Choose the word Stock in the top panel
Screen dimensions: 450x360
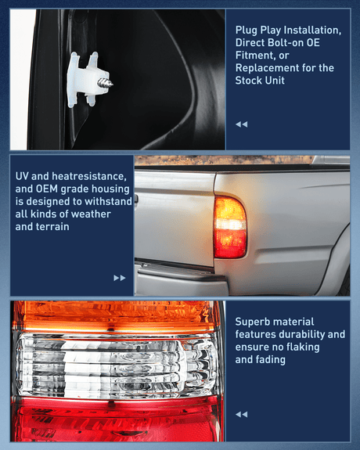(250, 81)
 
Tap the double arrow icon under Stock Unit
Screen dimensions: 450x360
(241, 124)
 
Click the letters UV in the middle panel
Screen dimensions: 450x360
(23, 176)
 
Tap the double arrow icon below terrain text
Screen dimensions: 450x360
(119, 278)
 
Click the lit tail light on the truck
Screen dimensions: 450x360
(230, 226)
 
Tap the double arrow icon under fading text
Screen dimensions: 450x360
(241, 414)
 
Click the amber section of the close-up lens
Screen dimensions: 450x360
(117, 315)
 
